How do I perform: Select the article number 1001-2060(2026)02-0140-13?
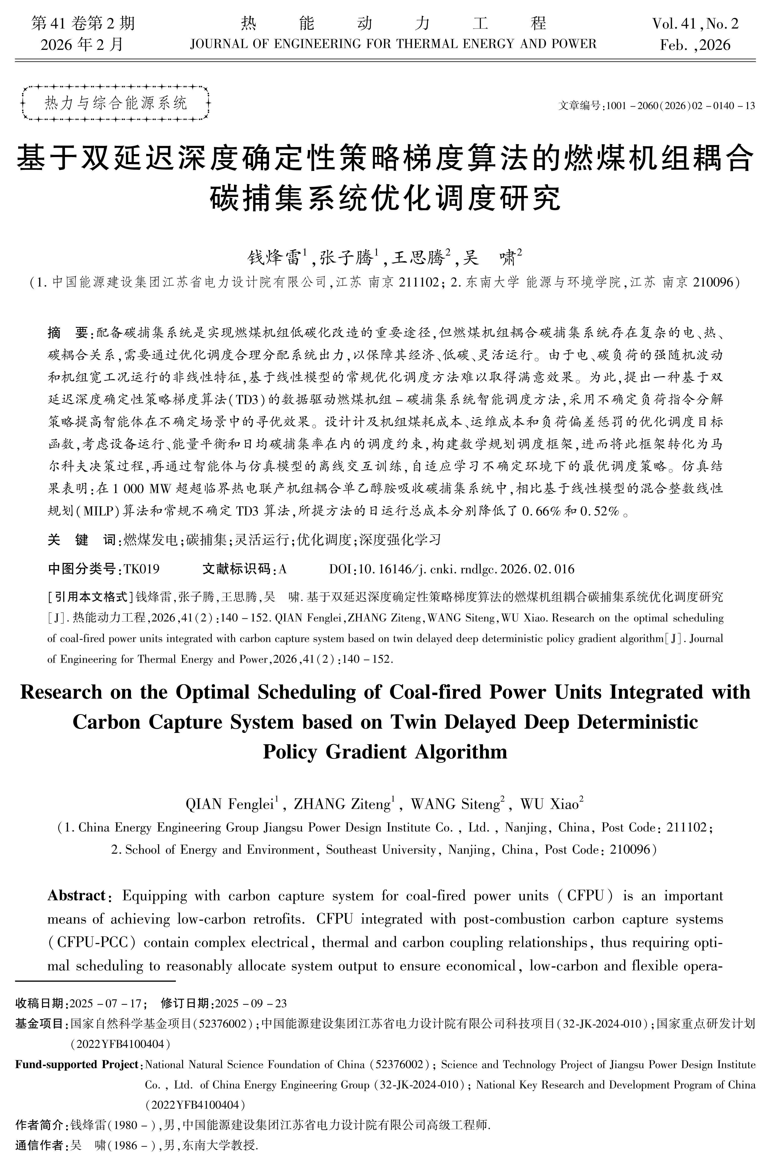point(681,106)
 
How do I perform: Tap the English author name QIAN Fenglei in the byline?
point(231,804)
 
